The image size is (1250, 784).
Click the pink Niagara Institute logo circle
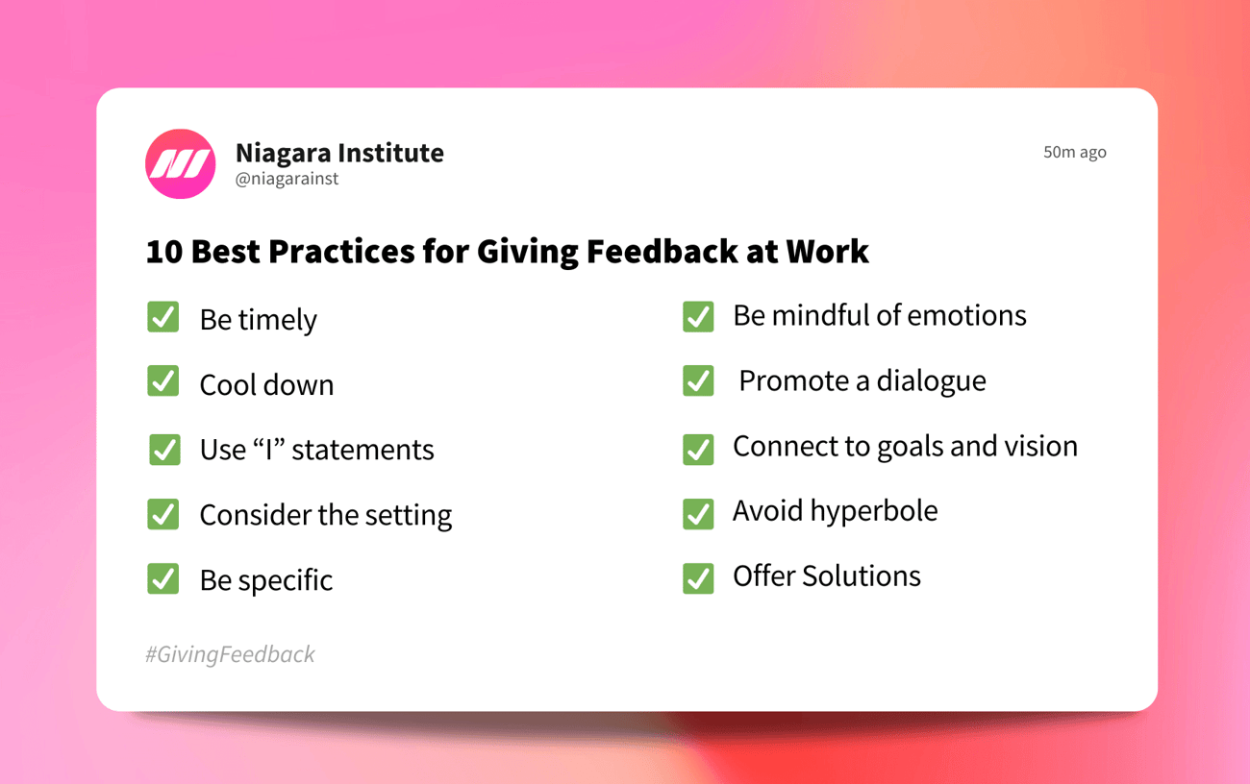181,164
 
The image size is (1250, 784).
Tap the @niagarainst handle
287,179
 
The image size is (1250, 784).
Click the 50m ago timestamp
1074,152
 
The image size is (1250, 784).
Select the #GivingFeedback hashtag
230,654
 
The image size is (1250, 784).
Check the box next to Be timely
163,317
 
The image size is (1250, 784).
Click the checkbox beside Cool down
163,381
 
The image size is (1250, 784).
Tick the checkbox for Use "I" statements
164,449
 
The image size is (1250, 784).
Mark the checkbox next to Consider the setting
163,513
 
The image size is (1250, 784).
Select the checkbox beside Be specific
163,578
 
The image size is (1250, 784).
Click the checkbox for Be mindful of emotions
698,316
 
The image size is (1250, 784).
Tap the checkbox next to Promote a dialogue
698,380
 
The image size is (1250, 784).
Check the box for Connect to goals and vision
698,449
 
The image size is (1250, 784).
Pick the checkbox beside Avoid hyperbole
698,513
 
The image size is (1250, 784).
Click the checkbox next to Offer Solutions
698,578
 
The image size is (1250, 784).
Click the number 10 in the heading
163,252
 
